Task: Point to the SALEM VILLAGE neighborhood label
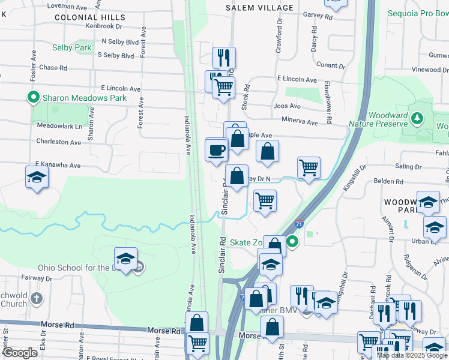pyautogui.click(x=259, y=8)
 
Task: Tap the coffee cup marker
pyautogui.click(x=216, y=150)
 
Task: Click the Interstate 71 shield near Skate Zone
pyautogui.click(x=298, y=224)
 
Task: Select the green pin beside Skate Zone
pyautogui.click(x=292, y=242)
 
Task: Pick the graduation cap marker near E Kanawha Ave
pyautogui.click(x=36, y=177)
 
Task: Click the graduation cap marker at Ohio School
pyautogui.click(x=125, y=259)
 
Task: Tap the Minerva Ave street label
pyautogui.click(x=299, y=122)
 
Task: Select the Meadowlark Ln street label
pyautogui.click(x=59, y=127)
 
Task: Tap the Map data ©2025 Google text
pyautogui.click(x=412, y=355)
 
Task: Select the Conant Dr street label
pyautogui.click(x=330, y=65)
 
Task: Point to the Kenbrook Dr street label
pyautogui.click(x=104, y=26)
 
